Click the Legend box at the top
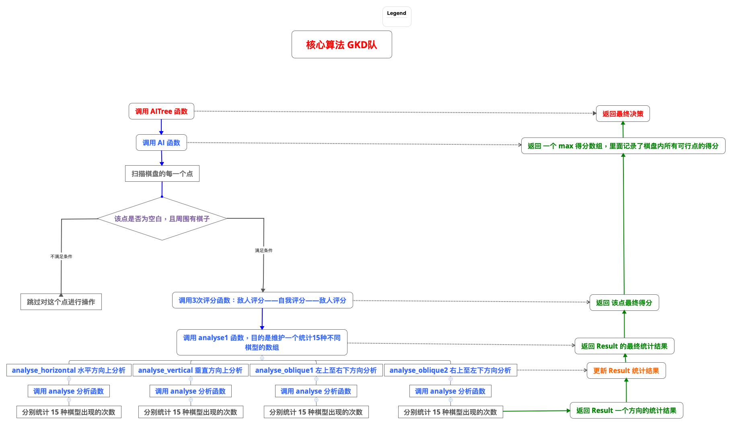pyautogui.click(x=397, y=16)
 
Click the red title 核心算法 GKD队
pyautogui.click(x=341, y=45)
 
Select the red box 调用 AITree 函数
pyautogui.click(x=161, y=111)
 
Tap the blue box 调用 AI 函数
pyautogui.click(x=161, y=143)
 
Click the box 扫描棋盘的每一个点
pyautogui.click(x=162, y=174)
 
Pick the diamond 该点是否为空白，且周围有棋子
pyautogui.click(x=162, y=219)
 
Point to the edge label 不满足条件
pyautogui.click(x=61, y=257)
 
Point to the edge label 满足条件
pyautogui.click(x=263, y=250)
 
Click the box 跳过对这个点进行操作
pyautogui.click(x=61, y=302)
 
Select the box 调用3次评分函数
pyautogui.click(x=262, y=300)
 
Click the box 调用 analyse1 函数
pyautogui.click(x=262, y=343)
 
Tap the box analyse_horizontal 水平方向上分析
pyautogui.click(x=69, y=370)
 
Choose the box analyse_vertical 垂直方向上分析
pyautogui.click(x=190, y=370)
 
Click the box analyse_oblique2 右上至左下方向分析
pyautogui.click(x=450, y=370)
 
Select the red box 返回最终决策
pyautogui.click(x=623, y=114)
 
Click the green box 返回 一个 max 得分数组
pyautogui.click(x=623, y=146)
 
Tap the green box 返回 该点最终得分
pyautogui.click(x=624, y=303)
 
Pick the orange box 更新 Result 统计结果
pyautogui.click(x=626, y=371)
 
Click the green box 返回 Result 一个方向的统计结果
pyautogui.click(x=626, y=411)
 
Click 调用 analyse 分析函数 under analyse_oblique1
pyautogui.click(x=316, y=391)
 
